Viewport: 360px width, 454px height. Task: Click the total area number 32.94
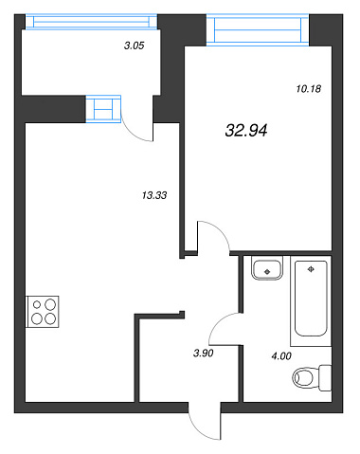(246, 130)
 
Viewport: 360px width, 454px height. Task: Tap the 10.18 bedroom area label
(309, 89)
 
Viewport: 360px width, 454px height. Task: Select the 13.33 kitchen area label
(154, 195)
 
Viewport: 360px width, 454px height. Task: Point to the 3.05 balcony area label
(135, 45)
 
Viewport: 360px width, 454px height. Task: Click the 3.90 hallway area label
(204, 353)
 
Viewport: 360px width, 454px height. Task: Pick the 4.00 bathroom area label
(281, 356)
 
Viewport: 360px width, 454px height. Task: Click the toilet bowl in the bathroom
(303, 377)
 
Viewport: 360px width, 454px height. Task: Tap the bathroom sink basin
(267, 269)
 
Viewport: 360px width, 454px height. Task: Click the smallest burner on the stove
(37, 304)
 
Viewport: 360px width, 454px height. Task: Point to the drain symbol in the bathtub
(311, 269)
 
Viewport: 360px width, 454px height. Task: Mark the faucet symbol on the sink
(267, 271)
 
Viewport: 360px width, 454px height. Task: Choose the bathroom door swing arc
(218, 322)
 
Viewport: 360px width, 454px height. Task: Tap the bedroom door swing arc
(221, 230)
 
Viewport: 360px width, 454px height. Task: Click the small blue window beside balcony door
(103, 109)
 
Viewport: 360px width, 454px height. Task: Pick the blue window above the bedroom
(258, 30)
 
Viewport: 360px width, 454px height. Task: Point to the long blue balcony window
(91, 22)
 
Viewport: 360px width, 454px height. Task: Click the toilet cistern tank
(325, 378)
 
